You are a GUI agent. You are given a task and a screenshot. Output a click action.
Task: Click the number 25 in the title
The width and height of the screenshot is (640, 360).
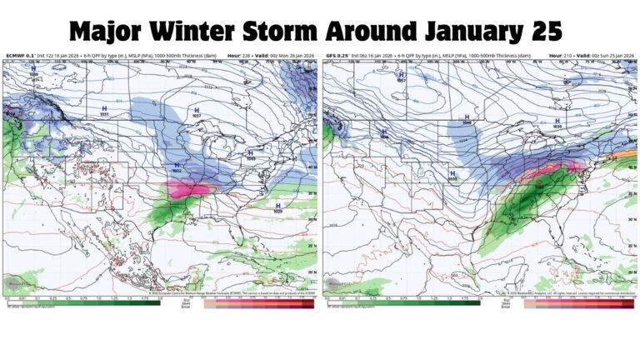click(x=542, y=31)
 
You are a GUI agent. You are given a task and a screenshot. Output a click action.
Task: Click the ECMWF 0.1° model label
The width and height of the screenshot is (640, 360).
click(x=19, y=57)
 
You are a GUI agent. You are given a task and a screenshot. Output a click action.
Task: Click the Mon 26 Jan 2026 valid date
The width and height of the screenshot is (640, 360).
click(x=295, y=57)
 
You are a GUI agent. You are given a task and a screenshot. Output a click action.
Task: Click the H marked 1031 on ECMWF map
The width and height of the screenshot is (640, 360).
click(x=104, y=109)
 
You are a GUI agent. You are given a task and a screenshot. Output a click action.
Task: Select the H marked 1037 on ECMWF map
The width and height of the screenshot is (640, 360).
click(x=197, y=111)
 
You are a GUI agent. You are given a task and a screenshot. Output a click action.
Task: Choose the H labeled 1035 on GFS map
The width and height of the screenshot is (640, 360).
click(x=452, y=172)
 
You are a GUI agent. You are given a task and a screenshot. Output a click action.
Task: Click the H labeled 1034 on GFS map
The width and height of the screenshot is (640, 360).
click(x=384, y=130)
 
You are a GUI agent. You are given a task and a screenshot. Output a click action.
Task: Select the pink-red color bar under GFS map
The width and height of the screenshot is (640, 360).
click(x=575, y=302)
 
